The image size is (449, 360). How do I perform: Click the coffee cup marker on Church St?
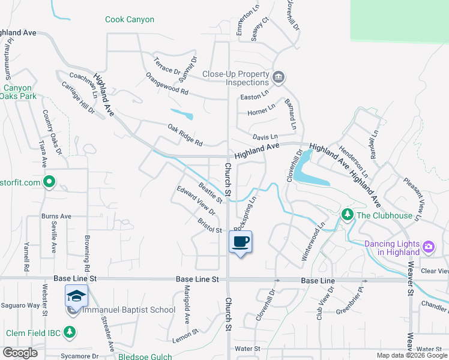(x=240, y=242)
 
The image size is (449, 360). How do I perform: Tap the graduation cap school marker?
(x=76, y=296)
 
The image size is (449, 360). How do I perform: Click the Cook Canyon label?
(x=130, y=20)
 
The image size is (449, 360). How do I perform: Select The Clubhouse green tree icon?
(x=346, y=214)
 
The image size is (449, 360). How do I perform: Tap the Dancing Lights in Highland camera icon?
(x=428, y=246)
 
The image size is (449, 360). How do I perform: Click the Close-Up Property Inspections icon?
(x=278, y=77)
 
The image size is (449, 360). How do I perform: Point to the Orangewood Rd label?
(x=167, y=85)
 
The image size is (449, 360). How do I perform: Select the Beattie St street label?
(x=211, y=191)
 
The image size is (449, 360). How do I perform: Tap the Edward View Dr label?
(x=196, y=200)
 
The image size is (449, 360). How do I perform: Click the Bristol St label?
(x=210, y=226)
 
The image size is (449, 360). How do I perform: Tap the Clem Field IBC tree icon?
(x=70, y=332)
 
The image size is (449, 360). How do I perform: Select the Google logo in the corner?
(x=19, y=353)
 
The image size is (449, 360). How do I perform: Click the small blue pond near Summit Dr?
(x=182, y=114)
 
